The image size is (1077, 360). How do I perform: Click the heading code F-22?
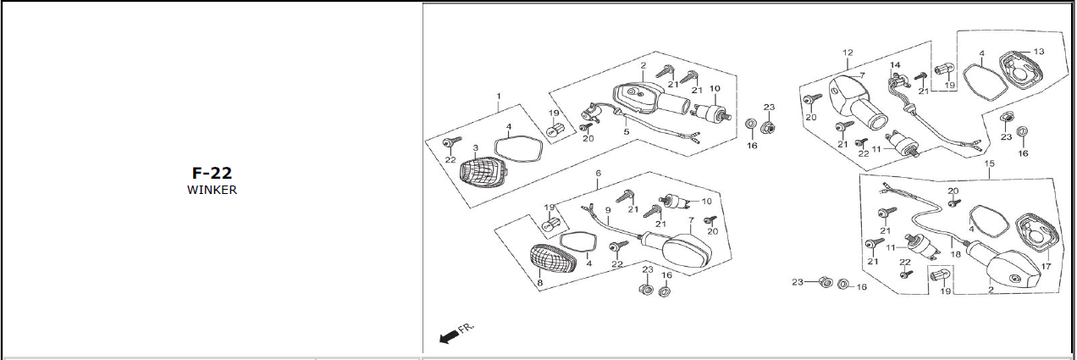tap(212, 173)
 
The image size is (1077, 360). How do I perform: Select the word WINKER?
tap(212, 190)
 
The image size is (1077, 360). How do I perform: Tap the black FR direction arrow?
tap(449, 336)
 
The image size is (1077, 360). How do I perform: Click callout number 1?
tap(499, 96)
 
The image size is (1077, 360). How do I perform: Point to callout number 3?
tap(476, 148)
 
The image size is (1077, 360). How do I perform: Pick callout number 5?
tap(627, 132)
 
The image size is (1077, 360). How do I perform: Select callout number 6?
tap(598, 173)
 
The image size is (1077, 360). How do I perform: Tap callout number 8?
tap(539, 282)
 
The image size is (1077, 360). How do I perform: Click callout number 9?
tap(607, 209)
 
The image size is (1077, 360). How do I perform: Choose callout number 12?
tap(847, 53)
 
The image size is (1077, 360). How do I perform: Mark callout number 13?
tap(1038, 52)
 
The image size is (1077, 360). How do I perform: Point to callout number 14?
tap(894, 65)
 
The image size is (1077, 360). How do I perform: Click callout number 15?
tap(990, 162)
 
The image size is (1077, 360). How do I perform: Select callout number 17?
tap(1046, 266)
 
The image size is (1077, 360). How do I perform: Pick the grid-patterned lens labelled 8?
tap(551, 258)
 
